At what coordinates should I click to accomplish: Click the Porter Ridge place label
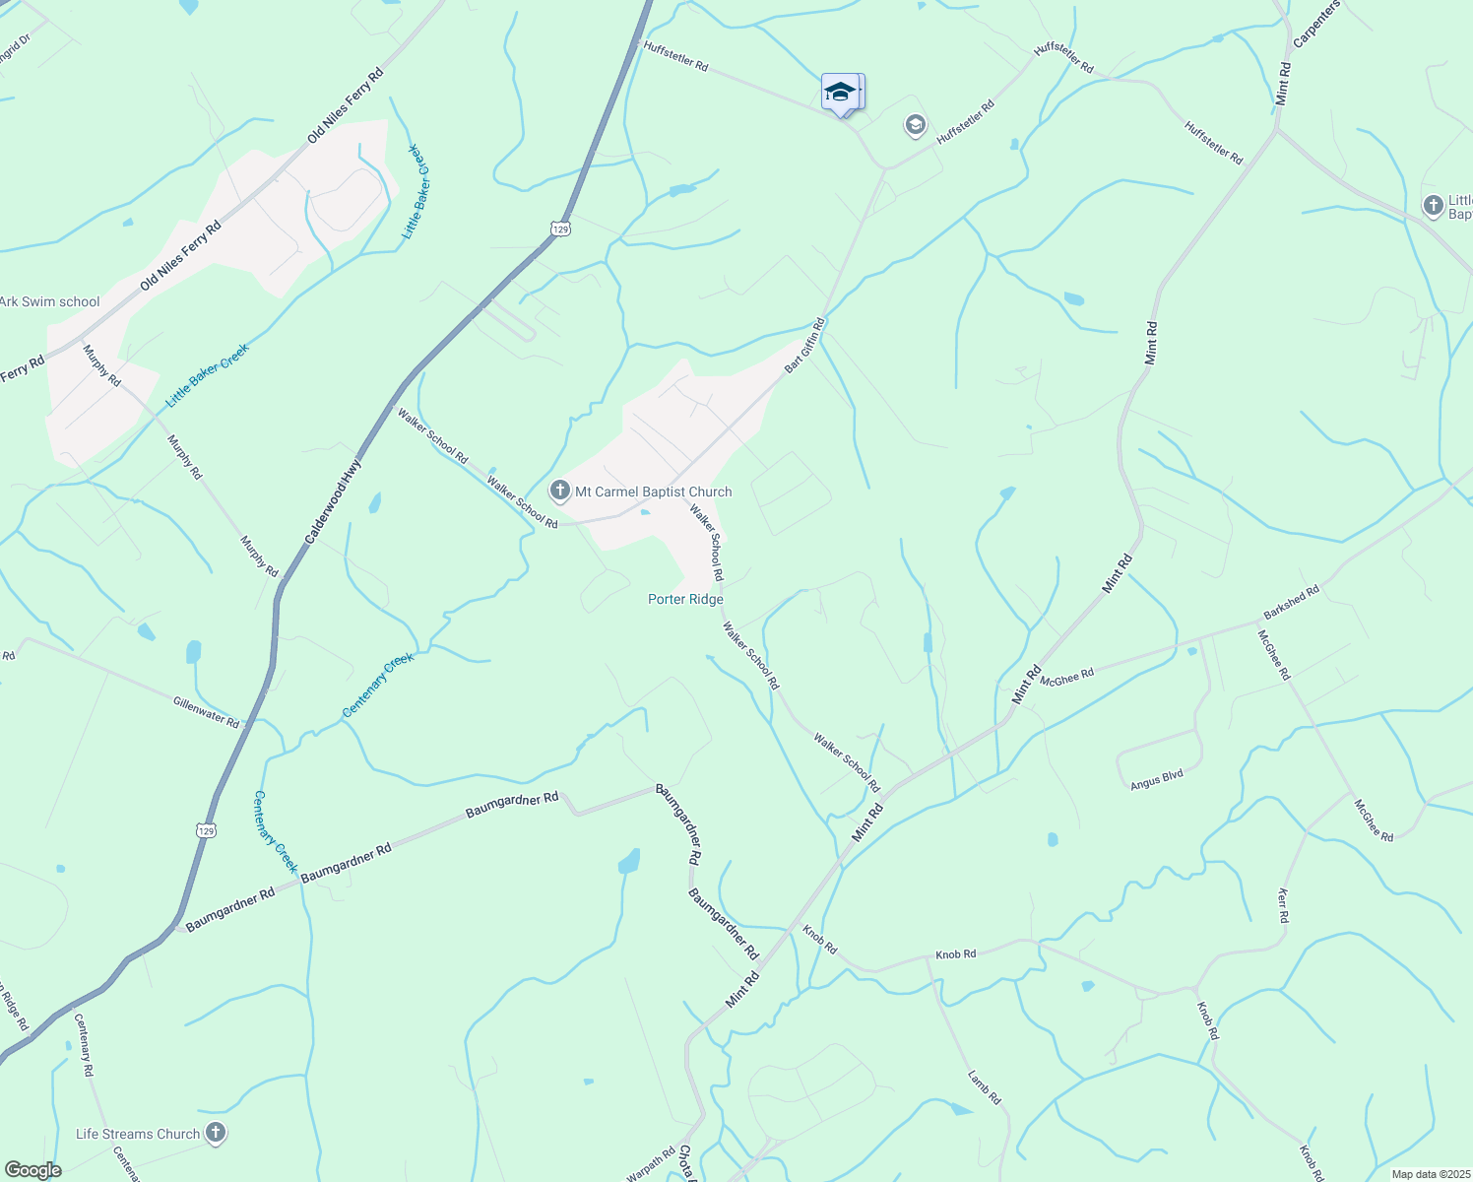685,599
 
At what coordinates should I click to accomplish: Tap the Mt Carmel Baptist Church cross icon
560,491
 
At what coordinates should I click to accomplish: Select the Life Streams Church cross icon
216,1134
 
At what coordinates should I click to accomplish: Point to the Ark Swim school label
49,302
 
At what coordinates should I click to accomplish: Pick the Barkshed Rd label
1291,603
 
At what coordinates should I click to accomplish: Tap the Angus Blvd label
1156,780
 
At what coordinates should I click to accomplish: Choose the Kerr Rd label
1283,905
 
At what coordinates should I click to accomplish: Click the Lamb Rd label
984,1087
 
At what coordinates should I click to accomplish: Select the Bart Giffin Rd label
803,345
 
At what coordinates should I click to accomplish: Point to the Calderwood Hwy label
334,501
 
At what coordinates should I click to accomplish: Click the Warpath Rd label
651,1163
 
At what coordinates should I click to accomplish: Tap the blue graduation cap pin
840,93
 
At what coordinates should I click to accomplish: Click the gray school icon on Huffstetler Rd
915,125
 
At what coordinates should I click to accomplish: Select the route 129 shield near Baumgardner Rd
206,830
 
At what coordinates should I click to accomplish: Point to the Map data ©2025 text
1430,1174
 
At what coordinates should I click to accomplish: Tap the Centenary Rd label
85,1043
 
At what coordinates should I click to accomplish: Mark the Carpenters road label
1316,24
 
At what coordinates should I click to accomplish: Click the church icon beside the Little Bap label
1434,206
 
